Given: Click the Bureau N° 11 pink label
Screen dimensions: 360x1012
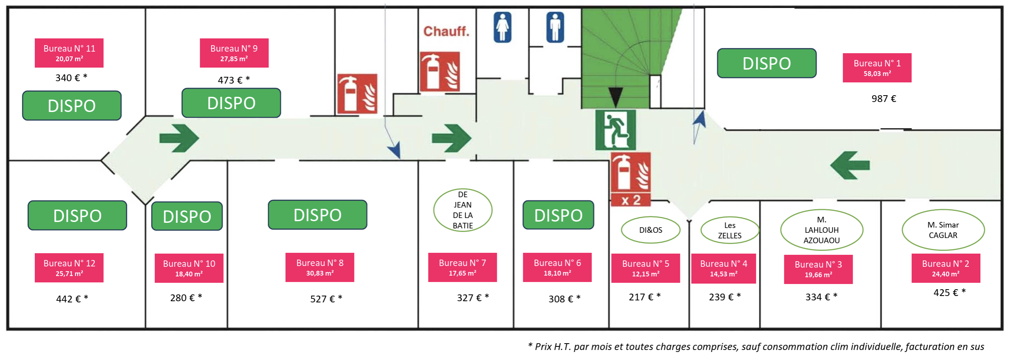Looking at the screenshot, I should [69, 53].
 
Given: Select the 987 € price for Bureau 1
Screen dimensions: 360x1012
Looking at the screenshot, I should [884, 99].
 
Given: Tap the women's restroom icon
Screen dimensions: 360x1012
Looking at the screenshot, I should [502, 27].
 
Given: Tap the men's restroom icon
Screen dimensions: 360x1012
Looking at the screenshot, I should [555, 27].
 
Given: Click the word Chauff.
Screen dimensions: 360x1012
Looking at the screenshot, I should [446, 31].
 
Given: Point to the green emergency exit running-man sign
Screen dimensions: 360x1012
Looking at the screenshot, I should [615, 130].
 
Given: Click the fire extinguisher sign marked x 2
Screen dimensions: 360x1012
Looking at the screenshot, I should [630, 179].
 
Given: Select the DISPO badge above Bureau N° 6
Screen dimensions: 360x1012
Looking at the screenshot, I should [558, 215].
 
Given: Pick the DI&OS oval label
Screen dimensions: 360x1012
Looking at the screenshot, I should [650, 230].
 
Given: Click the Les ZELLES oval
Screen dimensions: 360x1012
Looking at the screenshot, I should [730, 230].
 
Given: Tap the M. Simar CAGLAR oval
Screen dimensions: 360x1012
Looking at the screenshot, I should [943, 230].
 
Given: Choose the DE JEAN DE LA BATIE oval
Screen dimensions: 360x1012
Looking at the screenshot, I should [463, 210].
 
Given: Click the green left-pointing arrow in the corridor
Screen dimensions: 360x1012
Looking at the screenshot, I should [850, 165].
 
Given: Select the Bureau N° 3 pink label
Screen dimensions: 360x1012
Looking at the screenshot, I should [818, 269].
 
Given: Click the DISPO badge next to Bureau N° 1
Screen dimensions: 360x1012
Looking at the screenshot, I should [766, 63].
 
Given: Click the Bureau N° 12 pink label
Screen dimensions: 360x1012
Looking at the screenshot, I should [69, 268].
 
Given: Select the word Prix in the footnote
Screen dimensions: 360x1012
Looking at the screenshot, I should [543, 347].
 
